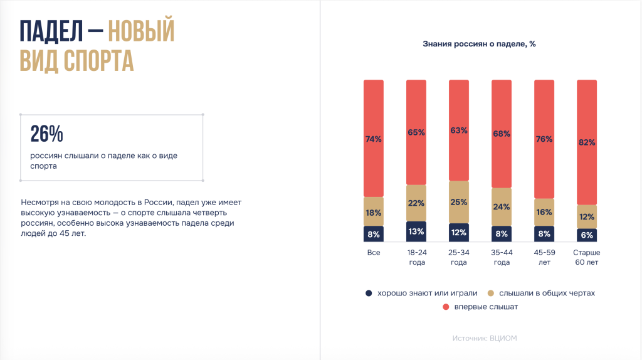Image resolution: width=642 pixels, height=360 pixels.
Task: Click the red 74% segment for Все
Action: [373, 139]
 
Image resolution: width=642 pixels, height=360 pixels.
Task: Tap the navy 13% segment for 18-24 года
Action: [416, 231]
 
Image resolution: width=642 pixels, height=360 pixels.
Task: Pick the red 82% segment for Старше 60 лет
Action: [587, 142]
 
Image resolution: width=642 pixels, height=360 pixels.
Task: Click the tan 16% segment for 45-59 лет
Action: [544, 212]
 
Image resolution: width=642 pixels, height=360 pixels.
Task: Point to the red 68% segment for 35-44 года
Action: [502, 134]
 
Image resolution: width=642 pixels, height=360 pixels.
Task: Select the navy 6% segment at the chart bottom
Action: [587, 235]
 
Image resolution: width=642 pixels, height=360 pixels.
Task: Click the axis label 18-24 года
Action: [416, 257]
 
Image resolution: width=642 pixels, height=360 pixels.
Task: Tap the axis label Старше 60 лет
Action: [587, 257]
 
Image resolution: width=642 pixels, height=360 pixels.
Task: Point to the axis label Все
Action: [374, 253]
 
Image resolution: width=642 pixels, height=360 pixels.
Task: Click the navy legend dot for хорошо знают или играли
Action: [368, 293]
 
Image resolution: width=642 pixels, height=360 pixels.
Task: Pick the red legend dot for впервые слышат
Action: [445, 307]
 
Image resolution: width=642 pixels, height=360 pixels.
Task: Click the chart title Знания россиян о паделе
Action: [479, 44]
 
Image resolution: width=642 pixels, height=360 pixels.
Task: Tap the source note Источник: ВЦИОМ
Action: [485, 338]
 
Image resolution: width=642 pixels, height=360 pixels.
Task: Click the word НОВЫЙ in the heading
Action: [140, 31]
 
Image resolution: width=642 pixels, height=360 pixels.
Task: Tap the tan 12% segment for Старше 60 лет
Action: [587, 216]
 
